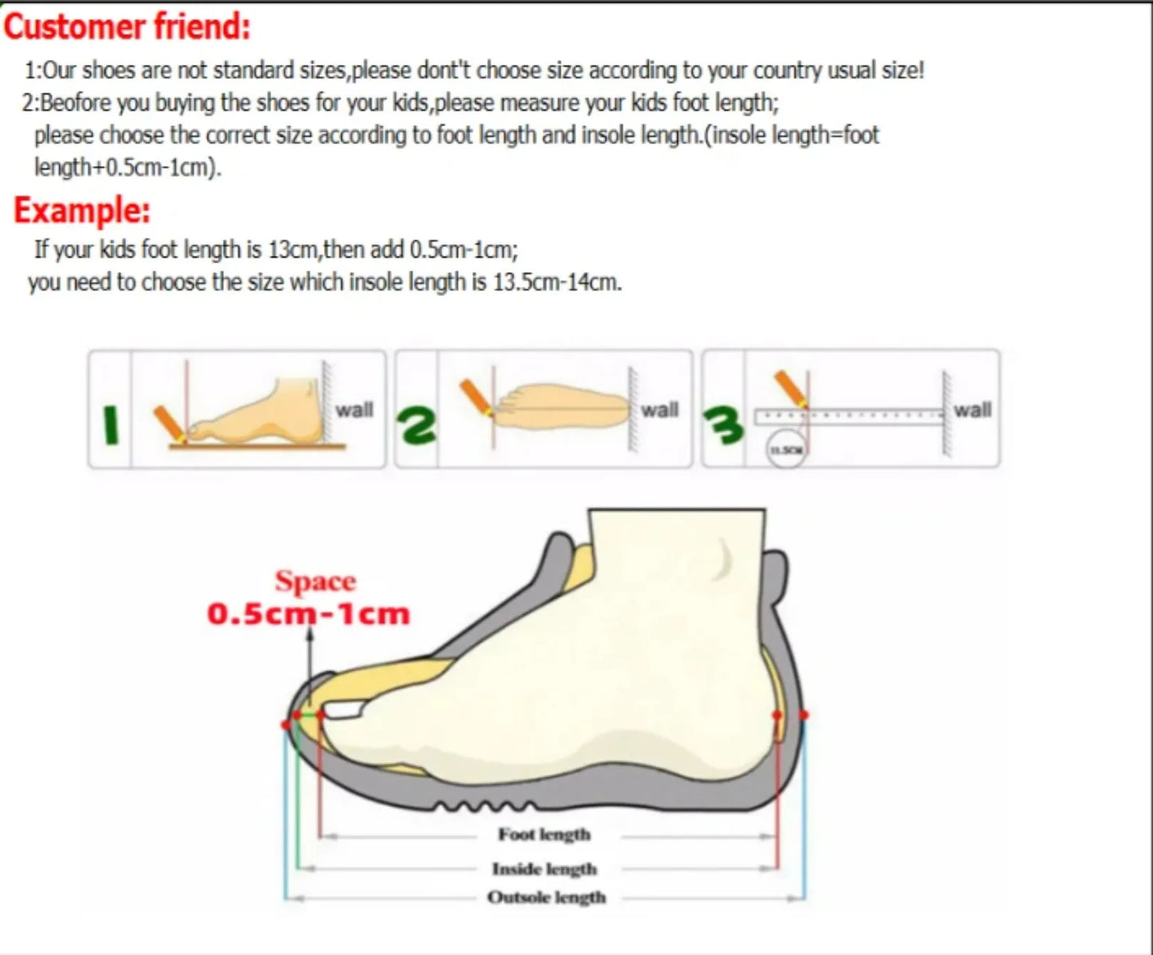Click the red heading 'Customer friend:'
click(x=128, y=27)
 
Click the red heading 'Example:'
click(x=82, y=210)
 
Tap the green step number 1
click(x=112, y=426)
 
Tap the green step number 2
click(x=417, y=425)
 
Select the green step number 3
click(x=723, y=425)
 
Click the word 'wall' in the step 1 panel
click(x=354, y=410)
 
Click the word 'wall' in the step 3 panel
click(x=973, y=410)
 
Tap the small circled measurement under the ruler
click(x=787, y=450)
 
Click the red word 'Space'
click(x=315, y=581)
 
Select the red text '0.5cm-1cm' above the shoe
click(x=308, y=614)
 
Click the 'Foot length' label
click(x=544, y=834)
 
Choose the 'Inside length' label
click(x=544, y=869)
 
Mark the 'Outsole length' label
click(x=547, y=898)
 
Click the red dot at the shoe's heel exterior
click(x=803, y=715)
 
